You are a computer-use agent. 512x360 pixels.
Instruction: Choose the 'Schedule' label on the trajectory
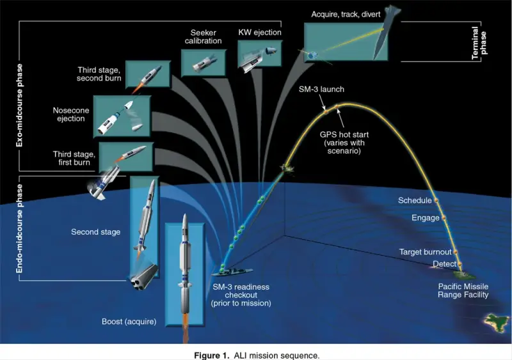tap(415, 201)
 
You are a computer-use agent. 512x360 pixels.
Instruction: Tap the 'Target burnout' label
tap(426, 252)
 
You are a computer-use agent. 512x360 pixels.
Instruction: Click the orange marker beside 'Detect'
tap(460, 263)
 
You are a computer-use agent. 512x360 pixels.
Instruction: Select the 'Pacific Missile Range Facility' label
tap(463, 290)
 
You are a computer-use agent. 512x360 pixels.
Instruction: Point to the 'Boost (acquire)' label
tap(128, 321)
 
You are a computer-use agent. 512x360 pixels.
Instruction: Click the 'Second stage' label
tap(96, 231)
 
